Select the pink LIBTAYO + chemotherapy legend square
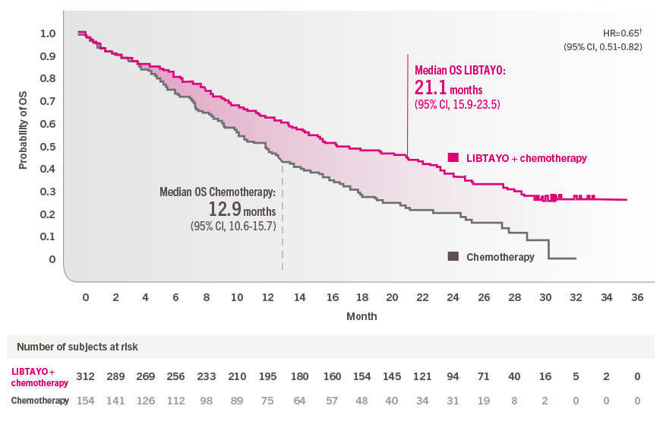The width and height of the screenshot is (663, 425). click(453, 157)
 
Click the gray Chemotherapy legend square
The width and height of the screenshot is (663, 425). click(453, 257)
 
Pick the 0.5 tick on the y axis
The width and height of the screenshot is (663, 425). click(47, 147)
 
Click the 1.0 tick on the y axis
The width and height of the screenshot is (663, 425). click(47, 34)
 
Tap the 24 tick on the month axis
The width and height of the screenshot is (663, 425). click(453, 297)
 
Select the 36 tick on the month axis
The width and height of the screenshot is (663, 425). click(637, 297)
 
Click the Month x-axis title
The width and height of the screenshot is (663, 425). click(361, 316)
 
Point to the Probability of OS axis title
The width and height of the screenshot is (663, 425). click(23, 130)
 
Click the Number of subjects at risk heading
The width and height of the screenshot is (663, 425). click(77, 347)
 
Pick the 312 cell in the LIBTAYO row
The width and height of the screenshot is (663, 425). click(85, 376)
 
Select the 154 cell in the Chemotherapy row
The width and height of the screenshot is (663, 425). click(85, 401)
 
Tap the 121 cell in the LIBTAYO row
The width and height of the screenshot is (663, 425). click(421, 376)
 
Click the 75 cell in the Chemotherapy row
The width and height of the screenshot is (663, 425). click(268, 401)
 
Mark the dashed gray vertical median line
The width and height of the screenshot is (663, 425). click(283, 228)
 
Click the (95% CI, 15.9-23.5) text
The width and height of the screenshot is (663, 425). click(457, 104)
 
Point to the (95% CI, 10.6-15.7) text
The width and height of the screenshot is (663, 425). click(232, 226)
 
